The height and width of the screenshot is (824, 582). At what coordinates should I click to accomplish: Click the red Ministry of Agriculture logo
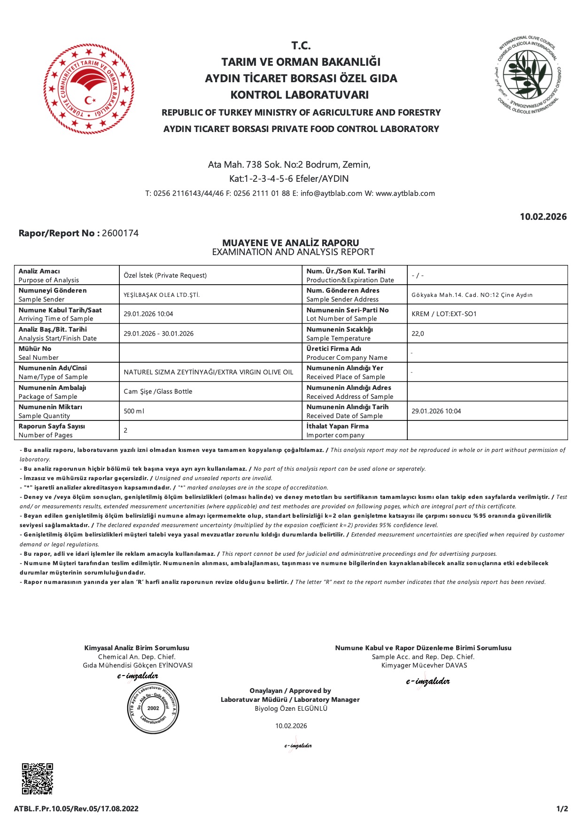[89, 89]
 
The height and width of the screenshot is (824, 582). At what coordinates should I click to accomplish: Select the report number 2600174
[120, 233]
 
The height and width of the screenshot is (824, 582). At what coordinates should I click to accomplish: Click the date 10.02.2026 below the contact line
[543, 217]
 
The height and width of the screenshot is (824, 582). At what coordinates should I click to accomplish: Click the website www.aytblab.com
[405, 194]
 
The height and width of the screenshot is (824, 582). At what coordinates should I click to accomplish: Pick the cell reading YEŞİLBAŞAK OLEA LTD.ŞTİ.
[162, 295]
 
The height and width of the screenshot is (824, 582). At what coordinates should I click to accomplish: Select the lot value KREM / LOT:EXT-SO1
[444, 314]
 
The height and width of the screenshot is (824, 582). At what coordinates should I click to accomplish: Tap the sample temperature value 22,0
[418, 334]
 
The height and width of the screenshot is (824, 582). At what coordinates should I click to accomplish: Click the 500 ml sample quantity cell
[134, 411]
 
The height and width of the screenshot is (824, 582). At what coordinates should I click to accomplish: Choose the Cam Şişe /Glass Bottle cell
[158, 391]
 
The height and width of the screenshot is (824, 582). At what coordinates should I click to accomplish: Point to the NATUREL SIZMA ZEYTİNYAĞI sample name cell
[208, 372]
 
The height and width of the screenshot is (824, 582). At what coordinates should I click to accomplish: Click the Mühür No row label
[35, 353]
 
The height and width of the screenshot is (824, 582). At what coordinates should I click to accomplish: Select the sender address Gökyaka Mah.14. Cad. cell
[472, 295]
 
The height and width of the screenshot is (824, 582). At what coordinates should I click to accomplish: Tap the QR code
[38, 778]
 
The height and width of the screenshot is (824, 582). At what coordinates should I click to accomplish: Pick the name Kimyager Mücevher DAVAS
[424, 665]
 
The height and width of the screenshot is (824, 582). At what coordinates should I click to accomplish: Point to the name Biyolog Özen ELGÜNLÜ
[291, 708]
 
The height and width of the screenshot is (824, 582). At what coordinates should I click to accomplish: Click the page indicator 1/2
[562, 808]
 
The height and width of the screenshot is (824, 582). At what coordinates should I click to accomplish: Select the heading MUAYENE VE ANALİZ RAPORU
[290, 243]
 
